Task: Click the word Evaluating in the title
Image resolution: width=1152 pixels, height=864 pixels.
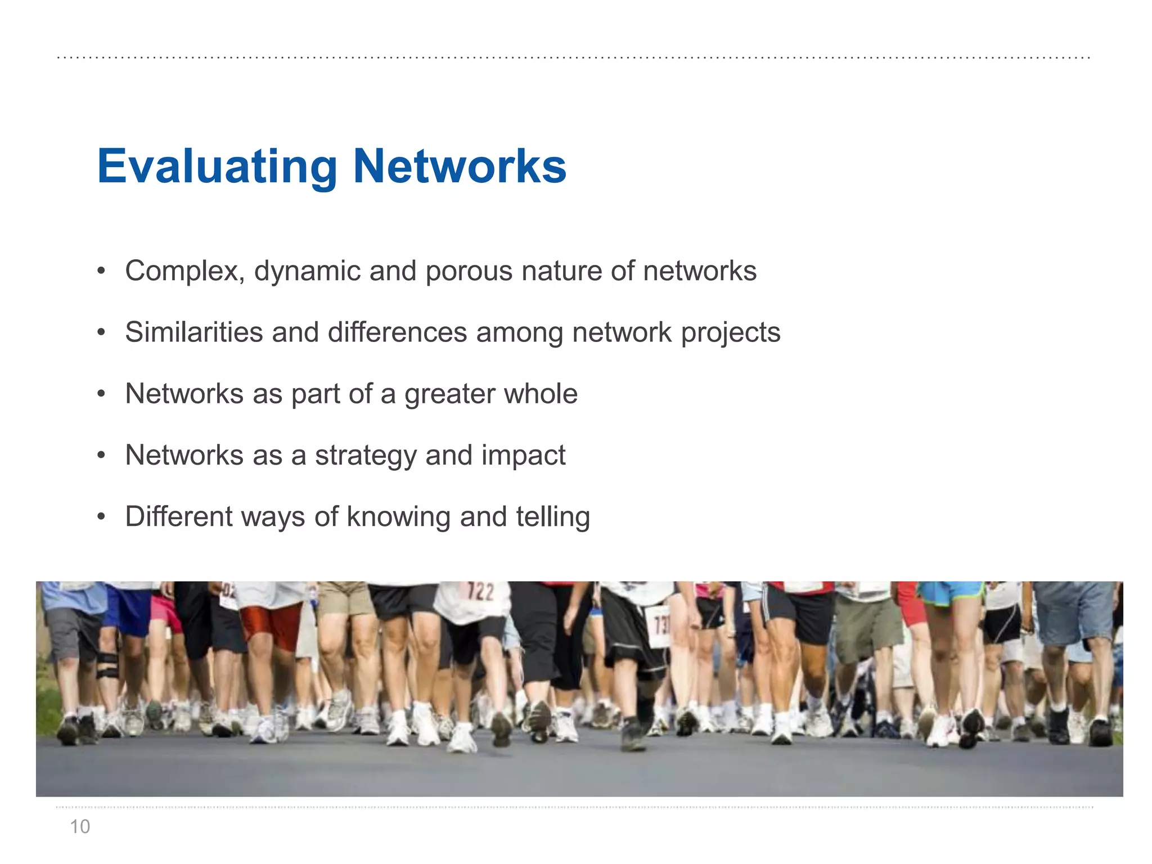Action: click(x=217, y=166)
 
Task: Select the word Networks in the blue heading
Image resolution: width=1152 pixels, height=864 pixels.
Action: click(x=460, y=166)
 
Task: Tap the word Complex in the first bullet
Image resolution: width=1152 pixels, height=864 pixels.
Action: click(x=184, y=271)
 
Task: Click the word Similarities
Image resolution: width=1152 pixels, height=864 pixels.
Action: click(x=193, y=332)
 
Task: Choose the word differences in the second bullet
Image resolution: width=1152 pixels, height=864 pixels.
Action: click(x=397, y=332)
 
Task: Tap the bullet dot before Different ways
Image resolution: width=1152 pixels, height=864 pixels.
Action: click(x=101, y=516)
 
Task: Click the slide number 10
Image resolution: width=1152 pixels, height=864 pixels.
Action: click(x=80, y=826)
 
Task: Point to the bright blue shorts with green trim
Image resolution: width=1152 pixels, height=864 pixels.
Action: click(x=951, y=593)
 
